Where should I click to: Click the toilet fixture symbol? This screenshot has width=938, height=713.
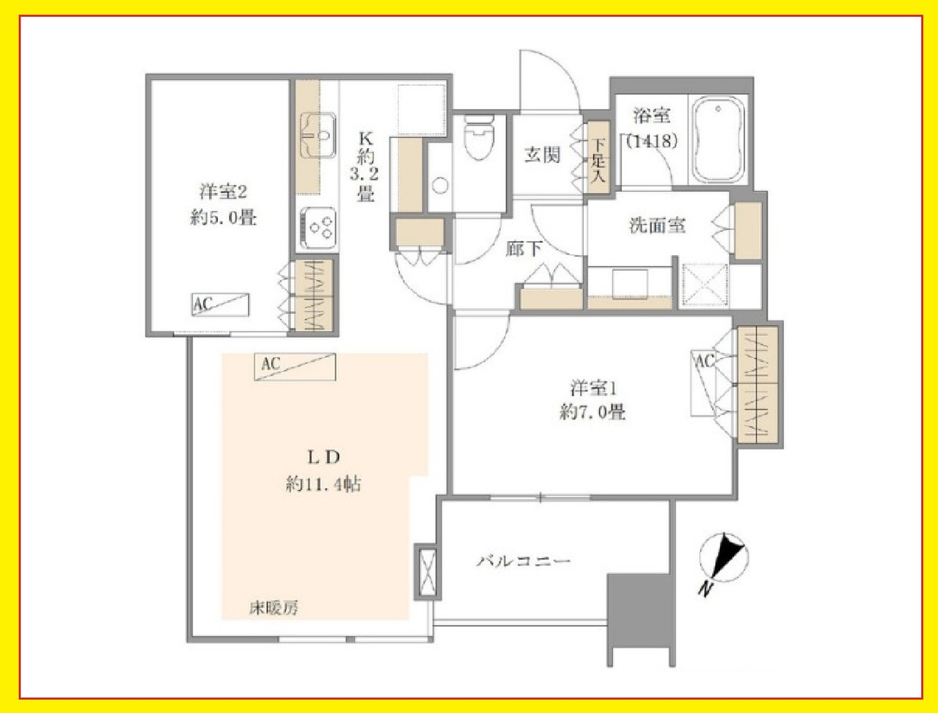tap(478, 136)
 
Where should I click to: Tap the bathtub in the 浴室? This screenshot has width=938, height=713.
tap(718, 139)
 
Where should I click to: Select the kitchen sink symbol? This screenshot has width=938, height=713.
tap(318, 136)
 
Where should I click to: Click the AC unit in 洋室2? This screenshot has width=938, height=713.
tap(220, 304)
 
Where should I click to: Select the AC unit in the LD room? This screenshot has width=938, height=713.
tap(295, 366)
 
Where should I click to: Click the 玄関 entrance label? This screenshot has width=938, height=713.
tap(543, 155)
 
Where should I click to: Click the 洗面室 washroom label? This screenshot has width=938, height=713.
tap(657, 225)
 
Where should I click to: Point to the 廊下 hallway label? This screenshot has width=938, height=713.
tap(524, 249)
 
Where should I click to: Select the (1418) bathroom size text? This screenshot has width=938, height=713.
tap(652, 141)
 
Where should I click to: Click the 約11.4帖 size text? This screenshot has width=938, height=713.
tap(323, 484)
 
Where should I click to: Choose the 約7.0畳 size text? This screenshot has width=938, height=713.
tap(593, 412)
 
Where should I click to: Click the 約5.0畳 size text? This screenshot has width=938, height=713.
tap(223, 218)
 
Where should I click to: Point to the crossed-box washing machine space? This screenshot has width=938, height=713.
tap(705, 285)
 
